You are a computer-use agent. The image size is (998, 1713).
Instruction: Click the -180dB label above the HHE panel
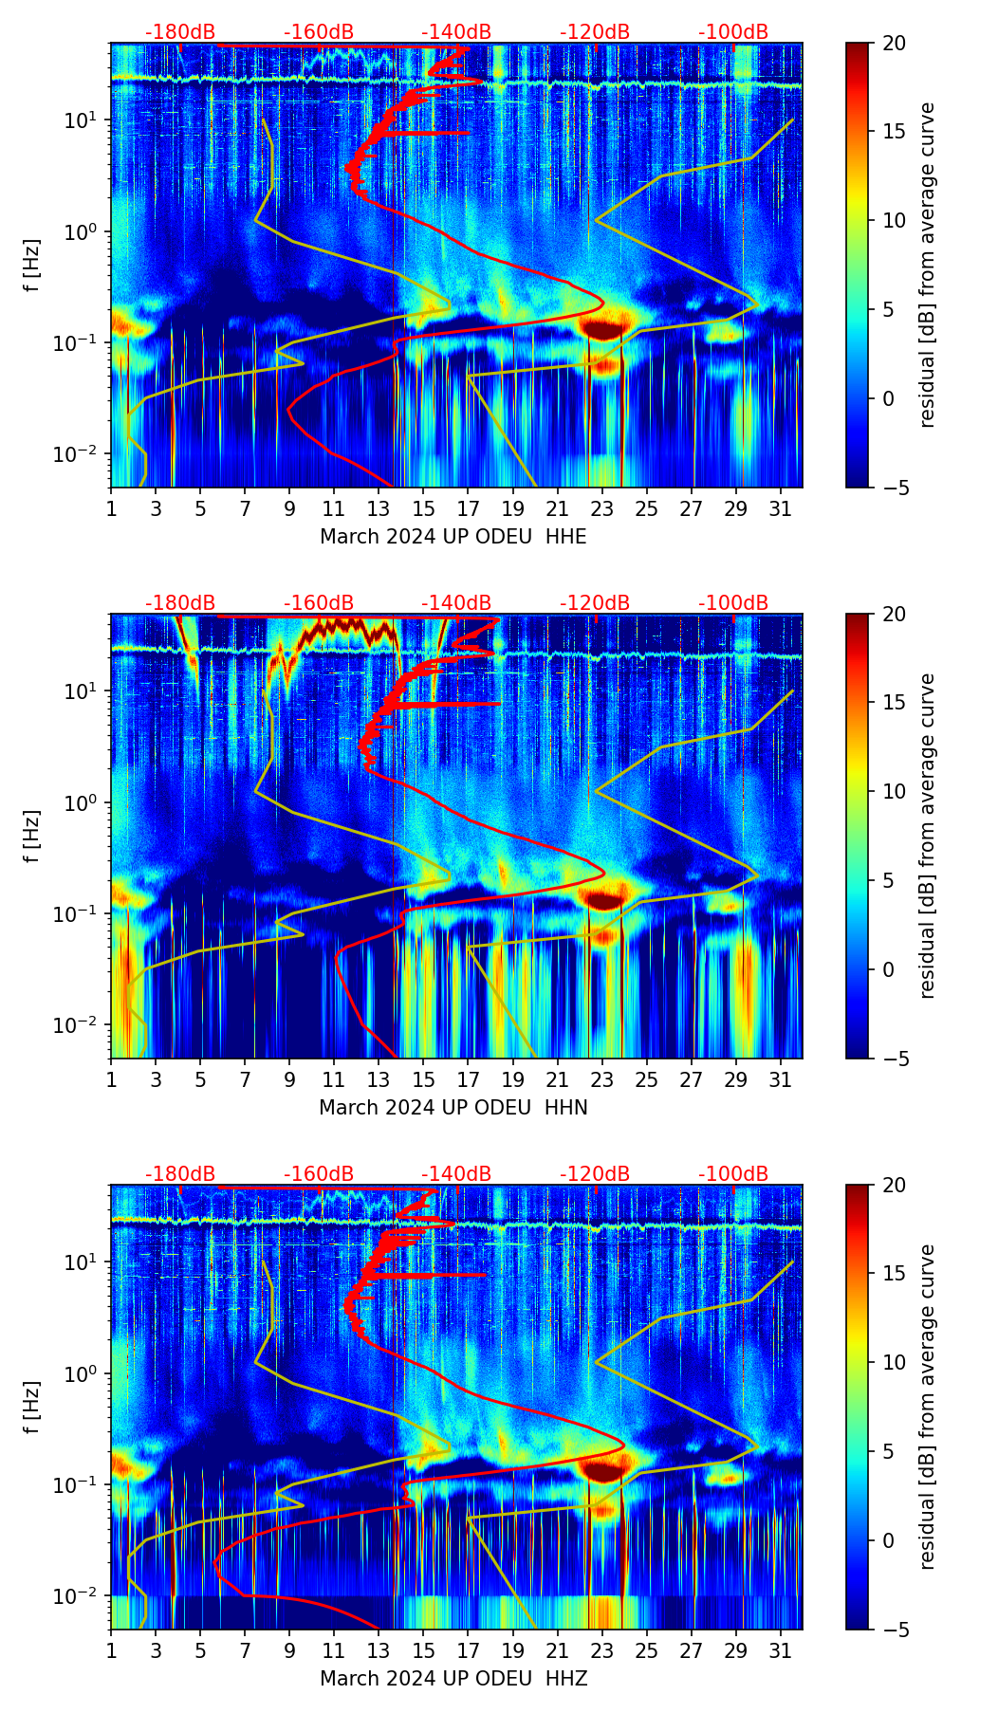tap(180, 32)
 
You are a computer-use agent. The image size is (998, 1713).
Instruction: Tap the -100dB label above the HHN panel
tap(733, 603)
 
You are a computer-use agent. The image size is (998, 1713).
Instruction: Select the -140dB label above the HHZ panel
tap(456, 1174)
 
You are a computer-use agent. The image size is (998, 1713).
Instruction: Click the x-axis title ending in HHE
tap(453, 537)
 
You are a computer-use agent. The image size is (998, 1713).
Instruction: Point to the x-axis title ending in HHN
tap(453, 1108)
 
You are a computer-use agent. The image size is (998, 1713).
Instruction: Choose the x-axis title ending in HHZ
tap(453, 1679)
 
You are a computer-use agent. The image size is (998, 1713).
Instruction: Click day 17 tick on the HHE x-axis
tap(469, 509)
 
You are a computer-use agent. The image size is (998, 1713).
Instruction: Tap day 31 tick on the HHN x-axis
tap(781, 1080)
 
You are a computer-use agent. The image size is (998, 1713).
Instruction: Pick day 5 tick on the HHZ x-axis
tap(200, 1651)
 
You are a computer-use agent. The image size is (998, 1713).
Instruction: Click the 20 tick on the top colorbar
tap(895, 43)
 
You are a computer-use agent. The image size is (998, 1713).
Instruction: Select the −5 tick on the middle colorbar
tap(895, 1059)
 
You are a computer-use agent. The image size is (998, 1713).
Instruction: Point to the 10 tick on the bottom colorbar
tap(895, 1362)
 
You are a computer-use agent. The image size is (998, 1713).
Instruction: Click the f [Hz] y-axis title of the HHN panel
tap(32, 836)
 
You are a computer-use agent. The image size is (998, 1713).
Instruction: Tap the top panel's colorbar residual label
tap(927, 265)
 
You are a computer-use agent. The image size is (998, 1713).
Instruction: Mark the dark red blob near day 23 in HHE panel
tap(604, 329)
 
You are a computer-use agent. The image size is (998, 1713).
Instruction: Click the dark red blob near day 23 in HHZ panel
tap(604, 1470)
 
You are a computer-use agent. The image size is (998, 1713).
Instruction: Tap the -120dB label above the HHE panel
tap(595, 32)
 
